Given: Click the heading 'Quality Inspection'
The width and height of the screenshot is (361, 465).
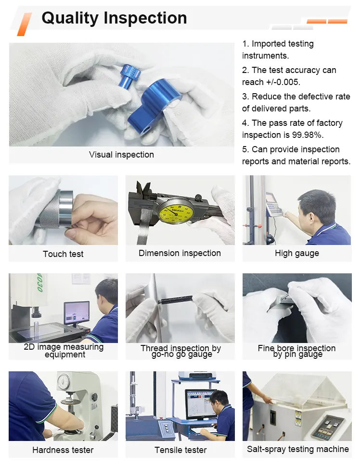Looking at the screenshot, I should pyautogui.click(x=114, y=18).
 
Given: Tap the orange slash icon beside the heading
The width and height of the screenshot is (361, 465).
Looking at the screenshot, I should pyautogui.click(x=24, y=24).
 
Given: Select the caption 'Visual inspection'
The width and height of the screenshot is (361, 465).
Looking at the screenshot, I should pyautogui.click(x=121, y=155).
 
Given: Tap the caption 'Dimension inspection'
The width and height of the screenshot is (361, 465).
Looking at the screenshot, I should pyautogui.click(x=180, y=253).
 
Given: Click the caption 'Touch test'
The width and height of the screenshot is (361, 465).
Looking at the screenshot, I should pyautogui.click(x=63, y=254).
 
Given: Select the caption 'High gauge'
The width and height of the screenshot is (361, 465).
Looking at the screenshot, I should pyautogui.click(x=297, y=253).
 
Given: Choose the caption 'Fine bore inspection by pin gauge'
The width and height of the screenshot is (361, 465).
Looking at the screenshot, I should pyautogui.click(x=297, y=351).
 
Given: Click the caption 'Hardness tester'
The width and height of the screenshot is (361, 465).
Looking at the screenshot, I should pyautogui.click(x=63, y=450).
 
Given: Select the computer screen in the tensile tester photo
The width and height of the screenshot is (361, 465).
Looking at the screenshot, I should pyautogui.click(x=200, y=403).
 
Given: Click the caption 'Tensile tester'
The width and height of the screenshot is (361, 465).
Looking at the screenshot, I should pyautogui.click(x=180, y=450).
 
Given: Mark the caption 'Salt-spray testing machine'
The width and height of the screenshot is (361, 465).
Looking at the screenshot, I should pyautogui.click(x=297, y=449).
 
